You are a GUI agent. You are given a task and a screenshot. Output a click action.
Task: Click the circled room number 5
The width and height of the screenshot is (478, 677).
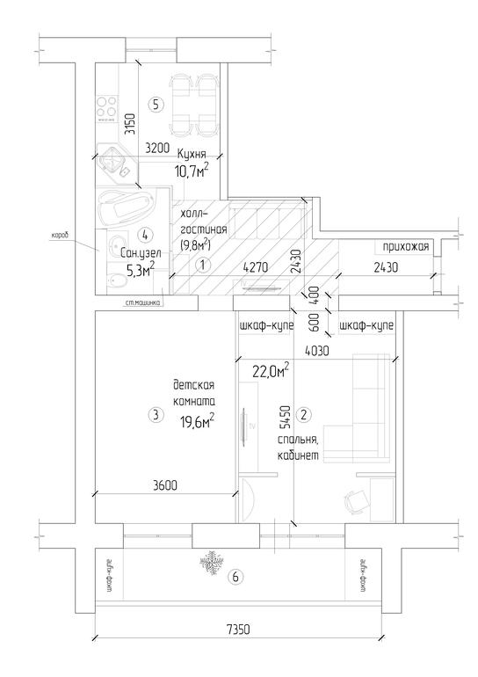(x=156, y=104)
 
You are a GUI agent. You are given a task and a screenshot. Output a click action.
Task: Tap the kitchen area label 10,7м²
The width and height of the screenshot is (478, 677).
(x=192, y=171)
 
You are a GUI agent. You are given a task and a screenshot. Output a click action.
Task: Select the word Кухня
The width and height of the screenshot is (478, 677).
(x=192, y=154)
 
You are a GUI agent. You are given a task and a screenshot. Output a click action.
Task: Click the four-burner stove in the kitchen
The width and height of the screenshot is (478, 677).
(x=106, y=106)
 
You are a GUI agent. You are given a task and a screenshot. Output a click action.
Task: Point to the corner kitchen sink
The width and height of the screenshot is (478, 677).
(x=113, y=164)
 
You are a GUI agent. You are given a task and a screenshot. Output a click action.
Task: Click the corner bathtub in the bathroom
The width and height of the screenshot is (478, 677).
(x=126, y=208)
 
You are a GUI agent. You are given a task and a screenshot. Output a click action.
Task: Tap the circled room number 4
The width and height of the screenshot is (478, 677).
(x=145, y=235)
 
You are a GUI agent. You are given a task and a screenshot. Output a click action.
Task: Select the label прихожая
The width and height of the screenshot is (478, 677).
(x=406, y=246)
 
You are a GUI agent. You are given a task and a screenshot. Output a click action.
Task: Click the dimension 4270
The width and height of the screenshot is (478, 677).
(x=256, y=267)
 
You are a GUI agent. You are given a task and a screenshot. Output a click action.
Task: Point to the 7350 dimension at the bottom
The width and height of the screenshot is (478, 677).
(x=237, y=630)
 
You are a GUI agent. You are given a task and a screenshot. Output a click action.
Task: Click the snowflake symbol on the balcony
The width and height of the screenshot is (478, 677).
(x=212, y=563)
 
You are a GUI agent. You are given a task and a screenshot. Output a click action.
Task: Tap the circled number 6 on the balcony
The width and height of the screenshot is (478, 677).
(x=235, y=577)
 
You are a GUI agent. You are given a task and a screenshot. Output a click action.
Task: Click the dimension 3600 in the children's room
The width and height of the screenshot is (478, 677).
(x=165, y=485)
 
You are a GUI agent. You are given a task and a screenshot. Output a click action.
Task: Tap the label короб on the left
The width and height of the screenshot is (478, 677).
(x=61, y=236)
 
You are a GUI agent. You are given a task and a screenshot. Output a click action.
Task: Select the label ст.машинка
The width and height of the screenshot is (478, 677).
(x=142, y=302)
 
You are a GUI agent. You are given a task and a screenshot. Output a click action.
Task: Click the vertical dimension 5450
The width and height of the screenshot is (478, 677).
(x=285, y=417)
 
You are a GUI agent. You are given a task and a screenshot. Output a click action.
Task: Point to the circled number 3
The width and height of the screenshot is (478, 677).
(x=156, y=415)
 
